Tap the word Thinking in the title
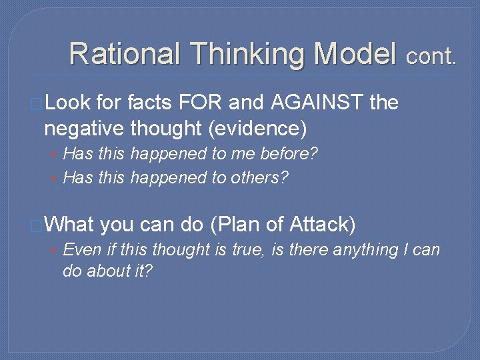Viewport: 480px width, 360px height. click(245, 53)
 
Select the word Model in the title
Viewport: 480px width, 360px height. click(355, 53)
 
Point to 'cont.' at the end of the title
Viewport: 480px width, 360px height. click(432, 56)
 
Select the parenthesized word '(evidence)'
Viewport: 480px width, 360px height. click(259, 126)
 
